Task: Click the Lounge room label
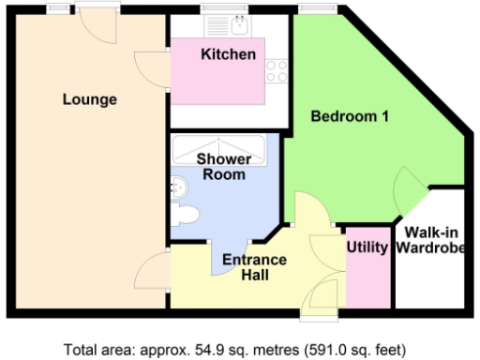pyautogui.click(x=90, y=99)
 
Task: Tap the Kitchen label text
pyautogui.click(x=228, y=54)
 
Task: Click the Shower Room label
pyautogui.click(x=223, y=166)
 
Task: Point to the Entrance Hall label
pyautogui.click(x=254, y=267)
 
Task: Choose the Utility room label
pyautogui.click(x=367, y=247)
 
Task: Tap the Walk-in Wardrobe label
pyautogui.click(x=428, y=240)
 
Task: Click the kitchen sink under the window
pyautogui.click(x=222, y=27)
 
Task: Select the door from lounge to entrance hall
pyautogui.click(x=153, y=273)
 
